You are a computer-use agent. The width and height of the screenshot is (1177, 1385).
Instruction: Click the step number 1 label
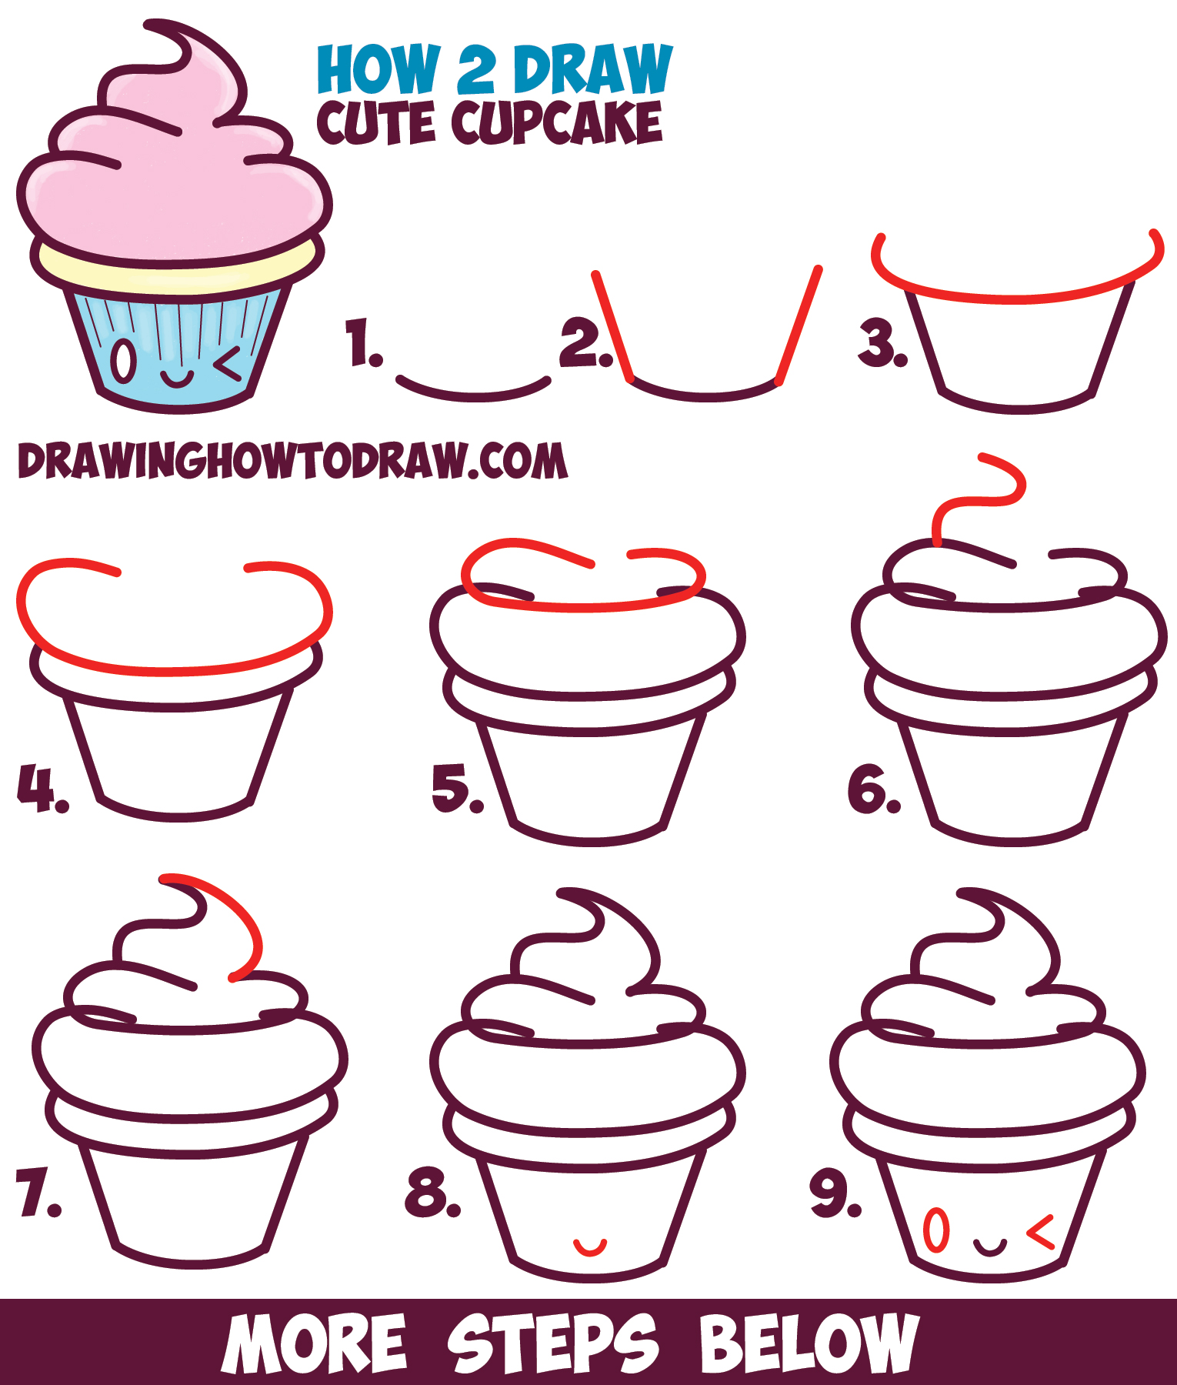(x=362, y=344)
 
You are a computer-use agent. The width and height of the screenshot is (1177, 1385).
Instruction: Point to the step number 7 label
(x=37, y=1192)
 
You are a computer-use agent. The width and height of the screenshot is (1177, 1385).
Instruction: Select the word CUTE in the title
(x=378, y=123)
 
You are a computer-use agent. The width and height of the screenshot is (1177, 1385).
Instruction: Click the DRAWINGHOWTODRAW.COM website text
(x=292, y=462)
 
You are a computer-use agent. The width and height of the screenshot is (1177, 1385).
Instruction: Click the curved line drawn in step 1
(x=473, y=392)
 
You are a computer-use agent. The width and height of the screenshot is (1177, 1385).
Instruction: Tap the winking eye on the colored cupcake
(x=228, y=364)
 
